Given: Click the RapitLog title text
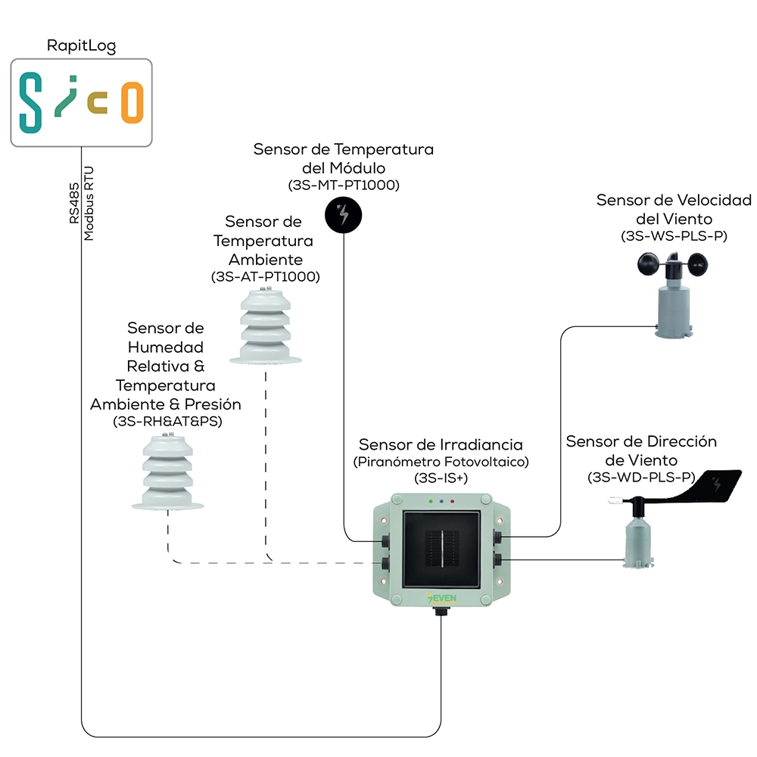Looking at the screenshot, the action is pyautogui.click(x=81, y=46).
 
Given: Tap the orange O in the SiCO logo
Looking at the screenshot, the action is pyautogui.click(x=132, y=102).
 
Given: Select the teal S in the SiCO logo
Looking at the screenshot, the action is pyautogui.click(x=30, y=102).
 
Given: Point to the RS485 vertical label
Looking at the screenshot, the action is pyautogui.click(x=74, y=203).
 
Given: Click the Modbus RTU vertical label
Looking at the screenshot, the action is pyautogui.click(x=89, y=203).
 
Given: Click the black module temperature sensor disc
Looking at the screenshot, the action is pyautogui.click(x=343, y=215).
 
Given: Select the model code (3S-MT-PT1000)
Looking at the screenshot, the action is pyautogui.click(x=344, y=185).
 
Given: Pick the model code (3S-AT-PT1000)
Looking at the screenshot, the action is pyautogui.click(x=266, y=277).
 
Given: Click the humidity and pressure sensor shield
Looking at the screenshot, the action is pyautogui.click(x=167, y=472).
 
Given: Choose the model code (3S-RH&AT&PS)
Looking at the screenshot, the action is pyautogui.click(x=167, y=422).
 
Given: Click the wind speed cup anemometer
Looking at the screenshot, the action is pyautogui.click(x=673, y=294).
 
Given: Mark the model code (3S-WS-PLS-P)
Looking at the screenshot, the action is pyautogui.click(x=674, y=236).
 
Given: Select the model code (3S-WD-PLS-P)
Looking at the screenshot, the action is pyautogui.click(x=641, y=478).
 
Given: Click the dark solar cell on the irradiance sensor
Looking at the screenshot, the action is pyautogui.click(x=442, y=550).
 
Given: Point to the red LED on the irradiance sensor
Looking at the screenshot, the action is pyautogui.click(x=453, y=502).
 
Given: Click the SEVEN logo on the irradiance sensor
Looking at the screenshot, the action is pyautogui.click(x=442, y=598).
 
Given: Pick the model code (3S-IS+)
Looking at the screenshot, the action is pyautogui.click(x=441, y=478).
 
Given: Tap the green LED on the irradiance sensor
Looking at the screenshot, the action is pyautogui.click(x=431, y=502).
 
